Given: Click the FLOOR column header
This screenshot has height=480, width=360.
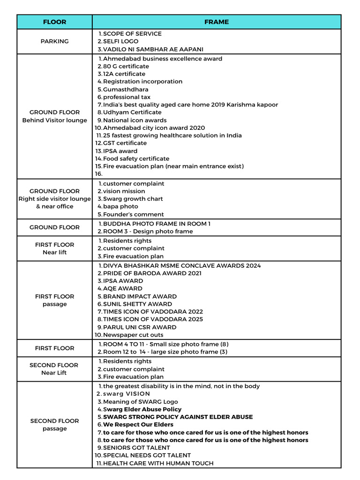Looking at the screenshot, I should [x=54, y=22].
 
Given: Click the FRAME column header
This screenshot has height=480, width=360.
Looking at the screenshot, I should [x=217, y=22].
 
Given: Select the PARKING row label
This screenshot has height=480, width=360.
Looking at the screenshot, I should [x=54, y=41].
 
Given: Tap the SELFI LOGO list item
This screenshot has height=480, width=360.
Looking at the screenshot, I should [x=120, y=41].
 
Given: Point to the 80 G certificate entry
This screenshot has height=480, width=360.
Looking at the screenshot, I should [x=126, y=66].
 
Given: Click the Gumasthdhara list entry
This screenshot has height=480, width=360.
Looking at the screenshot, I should [x=126, y=89].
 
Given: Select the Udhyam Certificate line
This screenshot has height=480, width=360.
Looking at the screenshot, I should [x=132, y=112].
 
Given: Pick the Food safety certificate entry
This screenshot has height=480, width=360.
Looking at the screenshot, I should [x=136, y=158].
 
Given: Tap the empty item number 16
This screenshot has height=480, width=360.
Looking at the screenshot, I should [x=98, y=173].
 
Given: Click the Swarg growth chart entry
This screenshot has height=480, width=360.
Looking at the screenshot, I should [x=133, y=199].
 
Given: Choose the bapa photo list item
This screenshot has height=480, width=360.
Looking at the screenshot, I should [x=120, y=206].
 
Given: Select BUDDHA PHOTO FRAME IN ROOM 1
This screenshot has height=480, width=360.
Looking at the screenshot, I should [x=157, y=224].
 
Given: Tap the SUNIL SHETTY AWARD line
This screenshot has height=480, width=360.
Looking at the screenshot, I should [x=137, y=304].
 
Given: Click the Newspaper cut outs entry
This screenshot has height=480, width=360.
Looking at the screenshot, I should [x=133, y=335].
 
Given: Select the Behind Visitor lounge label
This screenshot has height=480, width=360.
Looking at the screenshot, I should [x=54, y=120].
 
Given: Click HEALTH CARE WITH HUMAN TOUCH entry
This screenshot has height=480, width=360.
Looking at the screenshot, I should [x=158, y=463].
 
